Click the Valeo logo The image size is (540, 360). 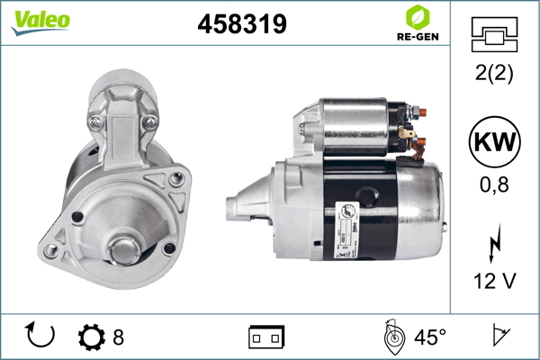40,22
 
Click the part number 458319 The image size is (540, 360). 242,24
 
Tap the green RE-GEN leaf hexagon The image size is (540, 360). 418,18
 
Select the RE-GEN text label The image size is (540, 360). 418,37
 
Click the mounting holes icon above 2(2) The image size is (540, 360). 494,34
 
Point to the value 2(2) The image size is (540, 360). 494,73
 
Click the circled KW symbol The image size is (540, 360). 494,141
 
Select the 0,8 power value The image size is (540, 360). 494,184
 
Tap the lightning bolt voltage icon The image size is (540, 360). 495,244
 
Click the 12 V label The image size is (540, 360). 495,281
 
